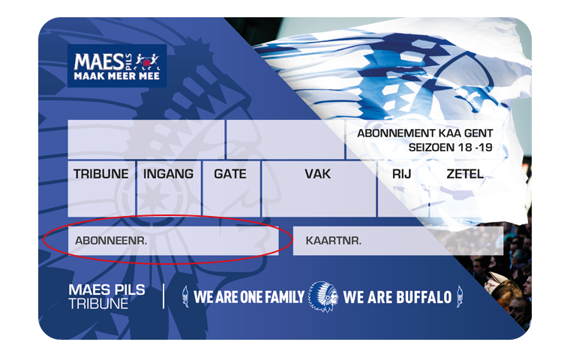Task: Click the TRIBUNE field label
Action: point(100,174)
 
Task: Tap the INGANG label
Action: point(168,174)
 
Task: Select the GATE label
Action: point(230,174)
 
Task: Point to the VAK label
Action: point(318,174)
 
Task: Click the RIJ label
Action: point(402,174)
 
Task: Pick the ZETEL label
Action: point(465,174)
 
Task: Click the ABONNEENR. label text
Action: point(111,240)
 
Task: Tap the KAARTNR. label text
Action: point(333,240)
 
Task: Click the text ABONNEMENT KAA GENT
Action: point(425,133)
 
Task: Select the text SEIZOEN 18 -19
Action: point(451,147)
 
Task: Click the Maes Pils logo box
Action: point(117,66)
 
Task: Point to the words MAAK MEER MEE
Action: point(117,76)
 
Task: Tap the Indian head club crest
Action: point(322,296)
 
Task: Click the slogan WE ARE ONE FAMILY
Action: point(249,297)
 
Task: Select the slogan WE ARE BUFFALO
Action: point(397,297)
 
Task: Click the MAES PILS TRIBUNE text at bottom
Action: point(106,296)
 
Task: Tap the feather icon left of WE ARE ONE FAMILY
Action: point(185,296)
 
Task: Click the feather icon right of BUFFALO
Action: point(460,296)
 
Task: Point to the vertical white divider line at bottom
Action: point(163,296)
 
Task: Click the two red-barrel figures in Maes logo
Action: point(147,61)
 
